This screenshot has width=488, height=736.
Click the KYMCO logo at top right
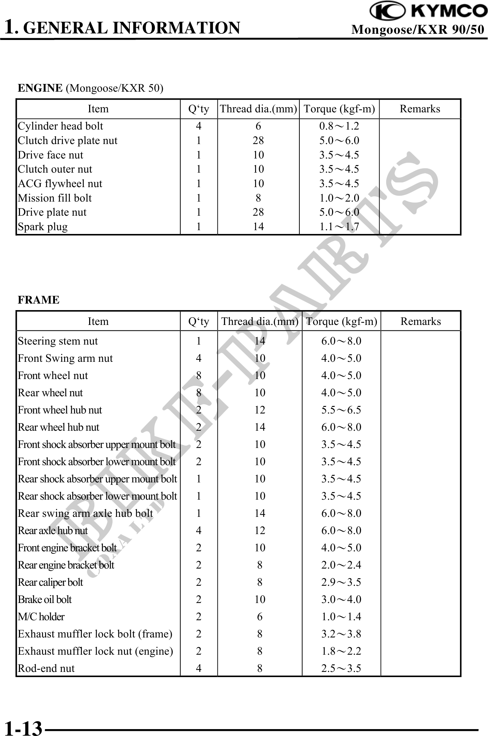[x=428, y=11]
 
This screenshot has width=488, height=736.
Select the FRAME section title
[x=39, y=300]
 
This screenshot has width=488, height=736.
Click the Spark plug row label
[x=43, y=227]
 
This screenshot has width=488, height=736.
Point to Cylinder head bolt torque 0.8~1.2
[x=339, y=126]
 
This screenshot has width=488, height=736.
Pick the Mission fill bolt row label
[x=55, y=198]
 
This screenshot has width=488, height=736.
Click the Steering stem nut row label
[x=58, y=341]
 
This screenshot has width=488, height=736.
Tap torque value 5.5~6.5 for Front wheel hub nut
[x=341, y=410]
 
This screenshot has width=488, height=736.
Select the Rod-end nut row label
[x=46, y=668]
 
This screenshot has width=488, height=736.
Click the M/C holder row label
[x=41, y=617]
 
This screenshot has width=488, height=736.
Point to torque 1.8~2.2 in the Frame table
[x=341, y=651]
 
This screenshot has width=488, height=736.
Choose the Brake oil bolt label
[x=45, y=600]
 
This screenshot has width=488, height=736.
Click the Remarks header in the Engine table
[x=420, y=109]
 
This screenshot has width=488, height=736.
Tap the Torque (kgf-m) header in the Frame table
[x=341, y=321]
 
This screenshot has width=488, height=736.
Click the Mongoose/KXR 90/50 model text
[x=417, y=30]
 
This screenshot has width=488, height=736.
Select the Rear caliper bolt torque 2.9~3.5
[x=341, y=582]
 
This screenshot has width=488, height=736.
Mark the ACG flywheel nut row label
[x=60, y=184]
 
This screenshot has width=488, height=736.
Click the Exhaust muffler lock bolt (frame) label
[x=95, y=634]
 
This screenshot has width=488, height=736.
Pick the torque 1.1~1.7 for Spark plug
[x=339, y=227]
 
